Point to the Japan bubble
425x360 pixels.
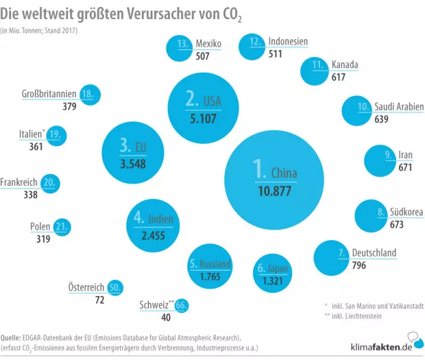point(272,272)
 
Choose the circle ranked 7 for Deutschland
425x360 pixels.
point(336,256)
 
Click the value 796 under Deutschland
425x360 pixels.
point(359,265)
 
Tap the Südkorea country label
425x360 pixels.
point(406,213)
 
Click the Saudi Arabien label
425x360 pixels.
point(399,107)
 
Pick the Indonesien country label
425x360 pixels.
point(288,42)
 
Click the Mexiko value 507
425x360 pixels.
point(204,57)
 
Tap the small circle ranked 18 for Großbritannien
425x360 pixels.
point(88,95)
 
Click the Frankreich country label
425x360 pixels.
point(19,183)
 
